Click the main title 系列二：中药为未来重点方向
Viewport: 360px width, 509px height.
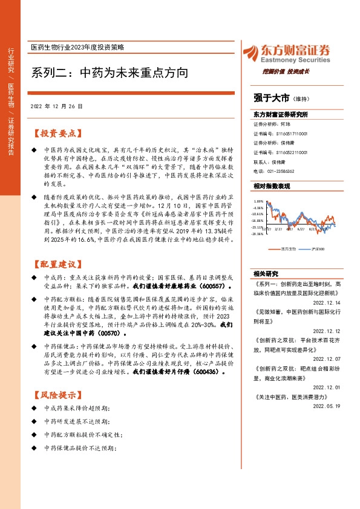tap(109, 73)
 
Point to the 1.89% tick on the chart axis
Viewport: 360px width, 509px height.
tap(258, 201)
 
